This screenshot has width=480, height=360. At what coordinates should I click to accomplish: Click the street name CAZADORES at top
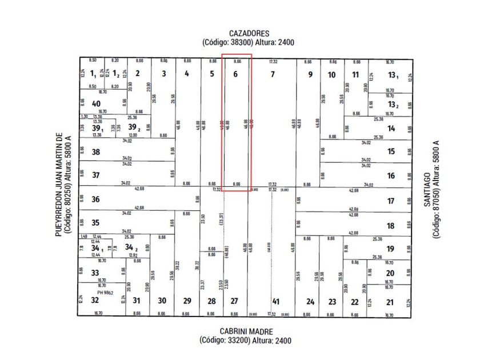coord(248,34)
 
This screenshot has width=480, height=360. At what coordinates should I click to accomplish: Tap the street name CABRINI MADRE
coord(246,331)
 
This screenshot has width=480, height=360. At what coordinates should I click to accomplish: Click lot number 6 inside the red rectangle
coord(236,74)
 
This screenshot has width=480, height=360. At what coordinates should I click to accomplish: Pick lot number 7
coord(273,74)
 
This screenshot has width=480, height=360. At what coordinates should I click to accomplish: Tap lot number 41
coord(275,301)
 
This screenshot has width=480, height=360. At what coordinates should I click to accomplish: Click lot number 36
coord(95,199)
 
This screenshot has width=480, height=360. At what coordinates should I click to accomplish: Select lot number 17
coord(391,201)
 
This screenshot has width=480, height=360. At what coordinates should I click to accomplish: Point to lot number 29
coord(187,301)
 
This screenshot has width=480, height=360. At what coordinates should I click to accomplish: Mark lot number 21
coord(390,302)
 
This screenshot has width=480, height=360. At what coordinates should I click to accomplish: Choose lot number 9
coord(310,74)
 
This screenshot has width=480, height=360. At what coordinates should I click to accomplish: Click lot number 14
coord(391,129)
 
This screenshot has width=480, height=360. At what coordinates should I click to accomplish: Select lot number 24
coord(310,301)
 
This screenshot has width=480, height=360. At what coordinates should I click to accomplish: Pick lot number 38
coord(96,152)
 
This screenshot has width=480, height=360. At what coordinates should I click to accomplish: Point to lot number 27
coord(234,301)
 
